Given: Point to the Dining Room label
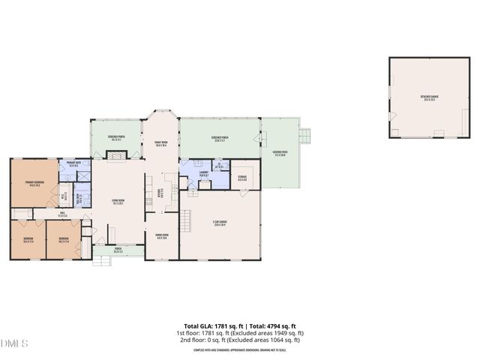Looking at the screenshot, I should coord(161,235).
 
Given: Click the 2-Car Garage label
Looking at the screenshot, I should coord(220,224).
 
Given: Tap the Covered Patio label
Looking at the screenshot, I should coord(279,154).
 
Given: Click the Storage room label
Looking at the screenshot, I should coord(242,178).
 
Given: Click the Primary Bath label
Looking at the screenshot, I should coord(73,163).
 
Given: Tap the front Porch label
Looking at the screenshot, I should coord(118,250).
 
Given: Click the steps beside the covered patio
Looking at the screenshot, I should coord(304,136).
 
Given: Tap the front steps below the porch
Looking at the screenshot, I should coord(100,261).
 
